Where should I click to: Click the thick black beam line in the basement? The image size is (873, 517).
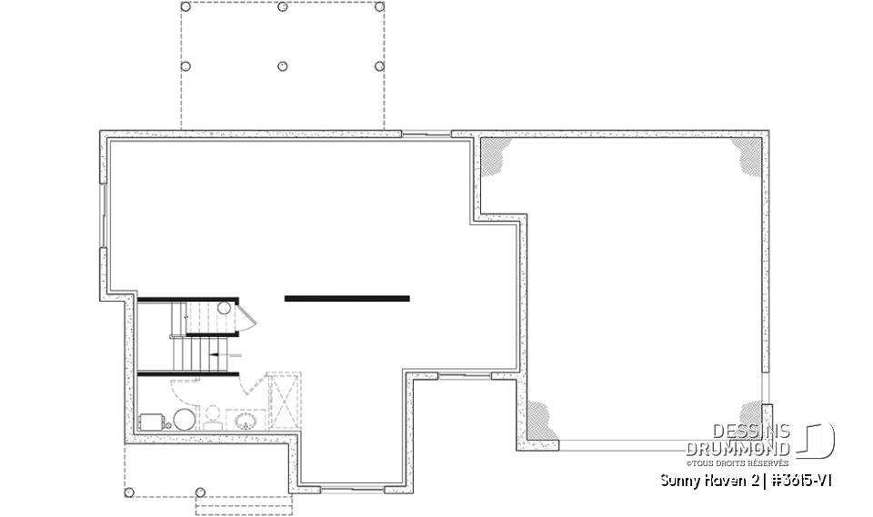coord(346,298)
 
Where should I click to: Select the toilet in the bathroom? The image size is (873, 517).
coord(213,418)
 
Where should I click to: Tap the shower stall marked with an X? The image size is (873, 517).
coord(285,400)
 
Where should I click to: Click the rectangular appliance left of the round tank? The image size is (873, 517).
coord(152,423)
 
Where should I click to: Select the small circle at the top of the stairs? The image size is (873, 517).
coord(224,309)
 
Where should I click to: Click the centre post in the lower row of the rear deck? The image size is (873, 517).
coord(282,66)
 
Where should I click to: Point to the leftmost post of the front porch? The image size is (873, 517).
coord(129,493)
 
